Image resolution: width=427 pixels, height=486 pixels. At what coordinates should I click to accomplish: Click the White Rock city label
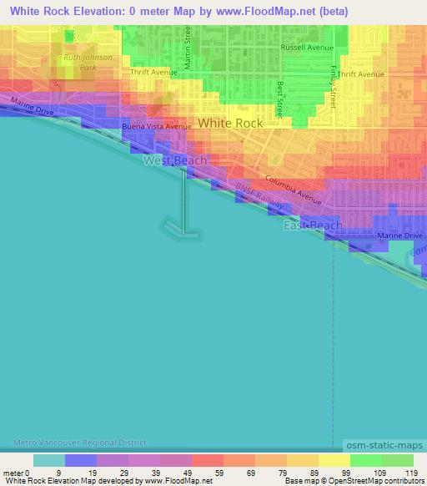pos(230,123)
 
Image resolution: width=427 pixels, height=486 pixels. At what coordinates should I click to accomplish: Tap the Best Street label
pos(280,99)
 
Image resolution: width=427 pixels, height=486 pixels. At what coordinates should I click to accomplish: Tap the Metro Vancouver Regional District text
pos(79,442)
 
